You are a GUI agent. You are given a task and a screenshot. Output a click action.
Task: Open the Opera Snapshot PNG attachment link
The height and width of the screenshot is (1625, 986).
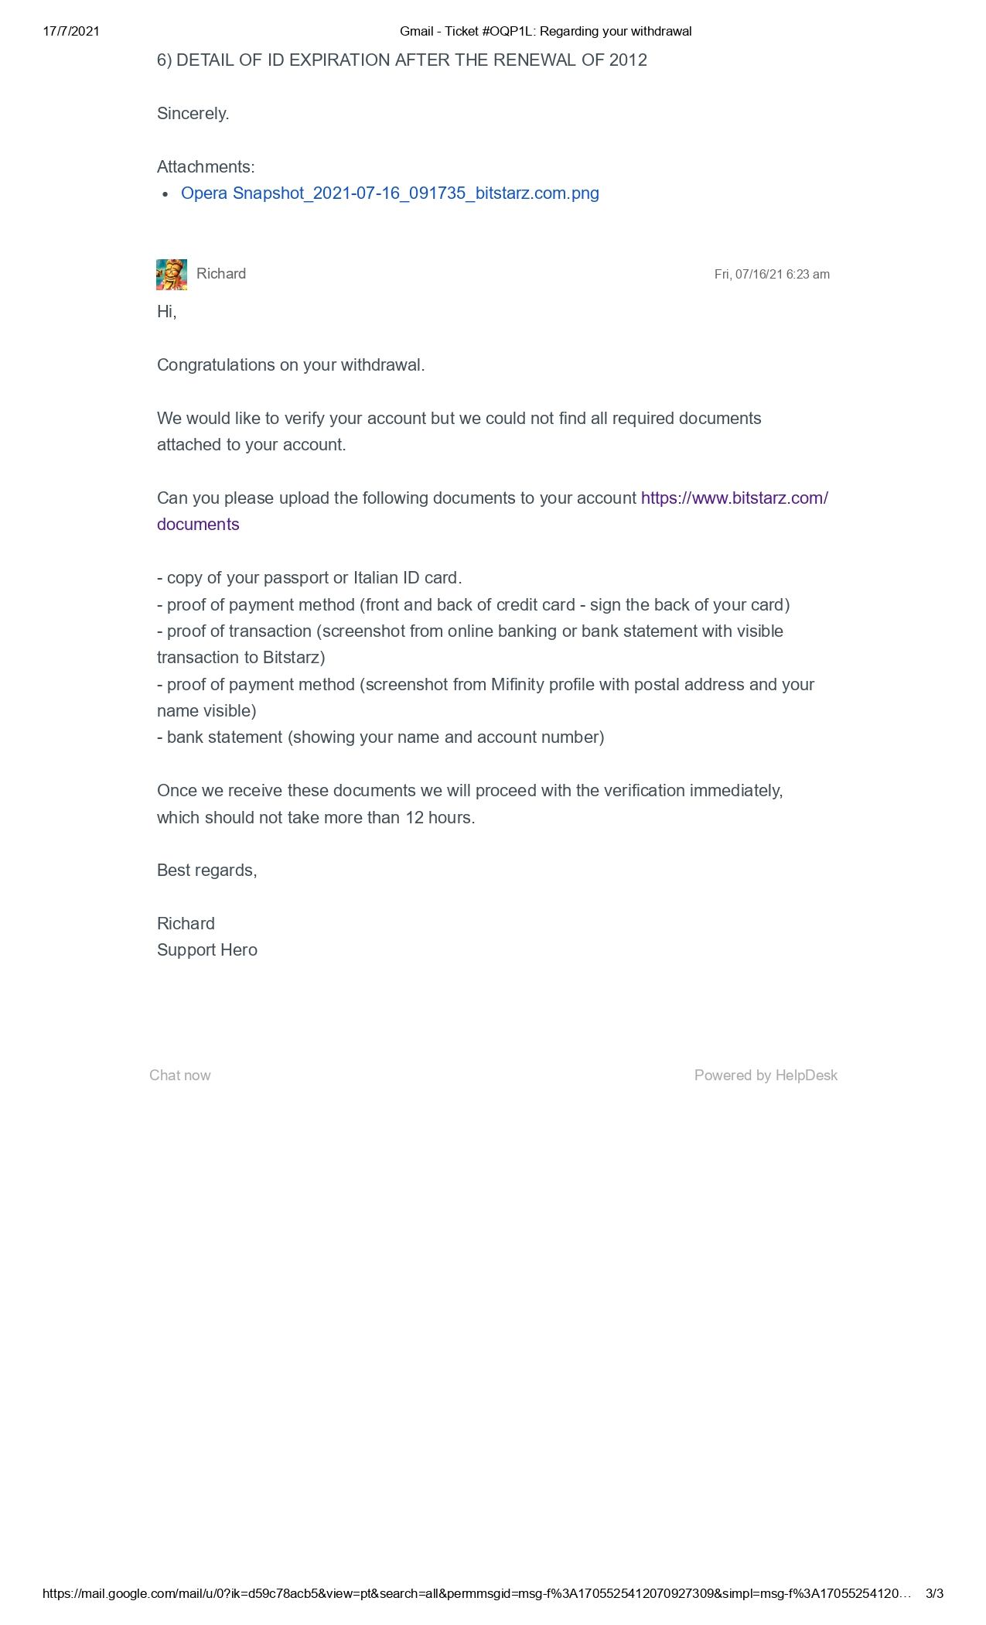(390, 193)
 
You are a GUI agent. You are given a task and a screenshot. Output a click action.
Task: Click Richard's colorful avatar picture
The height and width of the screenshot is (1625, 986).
(172, 275)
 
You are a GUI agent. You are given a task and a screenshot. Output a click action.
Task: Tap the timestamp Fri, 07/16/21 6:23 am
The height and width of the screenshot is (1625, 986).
(771, 275)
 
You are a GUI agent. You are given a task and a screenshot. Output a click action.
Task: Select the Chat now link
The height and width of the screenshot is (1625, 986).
(179, 1076)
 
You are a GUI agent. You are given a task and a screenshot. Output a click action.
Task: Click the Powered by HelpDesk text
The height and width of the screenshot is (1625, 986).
(765, 1076)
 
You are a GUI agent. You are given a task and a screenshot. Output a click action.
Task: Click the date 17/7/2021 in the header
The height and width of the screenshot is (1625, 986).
(71, 32)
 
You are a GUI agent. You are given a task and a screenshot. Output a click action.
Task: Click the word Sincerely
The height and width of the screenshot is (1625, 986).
(193, 114)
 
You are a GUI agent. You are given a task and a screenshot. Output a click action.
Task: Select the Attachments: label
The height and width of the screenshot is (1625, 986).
(206, 167)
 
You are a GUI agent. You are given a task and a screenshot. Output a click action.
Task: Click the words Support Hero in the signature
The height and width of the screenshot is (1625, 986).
(206, 950)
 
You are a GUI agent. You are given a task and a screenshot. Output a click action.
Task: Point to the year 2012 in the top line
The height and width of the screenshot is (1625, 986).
(627, 60)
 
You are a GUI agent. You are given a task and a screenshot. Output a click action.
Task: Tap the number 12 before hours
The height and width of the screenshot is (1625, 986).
(415, 818)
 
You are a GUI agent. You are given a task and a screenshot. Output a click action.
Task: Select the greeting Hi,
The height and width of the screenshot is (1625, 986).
(166, 312)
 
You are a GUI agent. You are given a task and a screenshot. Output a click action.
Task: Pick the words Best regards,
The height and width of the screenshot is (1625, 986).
(206, 871)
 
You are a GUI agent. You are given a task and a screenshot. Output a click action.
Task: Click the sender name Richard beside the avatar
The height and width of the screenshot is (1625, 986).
(221, 274)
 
